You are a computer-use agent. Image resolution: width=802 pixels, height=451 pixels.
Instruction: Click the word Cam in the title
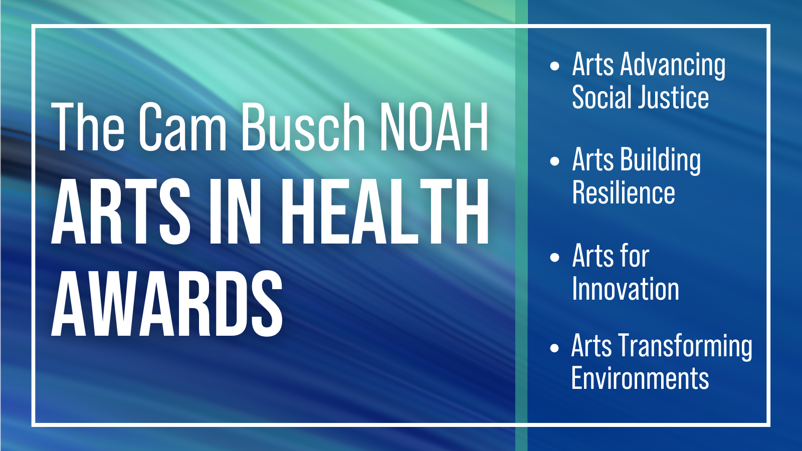(x=182, y=127)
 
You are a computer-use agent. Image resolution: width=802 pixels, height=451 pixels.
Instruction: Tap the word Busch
(x=304, y=127)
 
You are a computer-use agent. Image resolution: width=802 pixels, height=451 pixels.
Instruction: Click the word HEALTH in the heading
(x=385, y=211)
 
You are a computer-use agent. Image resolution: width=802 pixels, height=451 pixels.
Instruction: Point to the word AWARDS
(x=167, y=304)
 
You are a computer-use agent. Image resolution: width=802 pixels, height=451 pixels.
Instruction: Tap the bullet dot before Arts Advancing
(x=554, y=66)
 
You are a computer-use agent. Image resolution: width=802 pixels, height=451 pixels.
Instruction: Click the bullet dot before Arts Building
(x=554, y=161)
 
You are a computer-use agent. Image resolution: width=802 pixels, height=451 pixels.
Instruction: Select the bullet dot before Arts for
(x=554, y=257)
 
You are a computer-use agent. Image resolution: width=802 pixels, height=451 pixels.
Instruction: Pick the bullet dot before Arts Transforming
(x=554, y=348)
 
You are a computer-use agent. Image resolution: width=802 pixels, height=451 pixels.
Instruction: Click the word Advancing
(x=673, y=66)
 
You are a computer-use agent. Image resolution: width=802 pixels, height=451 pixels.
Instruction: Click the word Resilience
(x=624, y=192)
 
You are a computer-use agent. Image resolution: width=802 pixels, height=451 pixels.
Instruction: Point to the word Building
(x=661, y=161)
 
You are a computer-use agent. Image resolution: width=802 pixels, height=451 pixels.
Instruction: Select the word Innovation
(x=626, y=289)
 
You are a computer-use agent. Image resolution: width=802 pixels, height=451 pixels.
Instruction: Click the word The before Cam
(x=88, y=127)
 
